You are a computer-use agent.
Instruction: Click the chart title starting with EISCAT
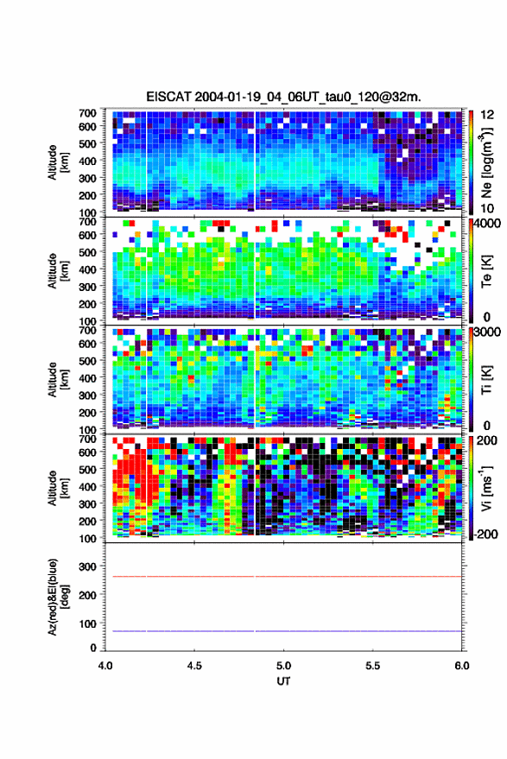pos(283,97)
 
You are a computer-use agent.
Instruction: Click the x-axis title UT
pos(283,681)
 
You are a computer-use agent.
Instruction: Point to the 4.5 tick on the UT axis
pos(194,666)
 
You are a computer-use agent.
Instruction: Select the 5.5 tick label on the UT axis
pos(372,666)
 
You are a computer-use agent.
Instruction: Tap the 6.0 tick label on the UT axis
pos(461,666)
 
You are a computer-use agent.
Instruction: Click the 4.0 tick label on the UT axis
pos(105,666)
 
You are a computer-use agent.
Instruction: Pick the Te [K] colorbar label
pos(486,271)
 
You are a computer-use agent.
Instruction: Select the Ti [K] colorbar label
pos(486,380)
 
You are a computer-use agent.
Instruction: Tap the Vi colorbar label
pos(486,489)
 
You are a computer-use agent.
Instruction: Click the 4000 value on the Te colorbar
pos(488,223)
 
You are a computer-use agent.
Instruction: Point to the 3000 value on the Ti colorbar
pos(488,332)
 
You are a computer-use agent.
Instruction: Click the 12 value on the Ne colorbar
pos(487,115)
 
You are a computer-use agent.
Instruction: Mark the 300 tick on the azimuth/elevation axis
pos(87,566)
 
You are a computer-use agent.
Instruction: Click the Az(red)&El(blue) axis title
pos(57,597)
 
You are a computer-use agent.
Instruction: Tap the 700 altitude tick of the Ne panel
pos(87,113)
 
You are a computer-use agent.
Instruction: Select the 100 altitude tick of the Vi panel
pos(87,538)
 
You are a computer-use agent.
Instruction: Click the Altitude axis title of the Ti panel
pos(57,380)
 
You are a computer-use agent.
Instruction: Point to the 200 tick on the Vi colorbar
pos(486,440)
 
